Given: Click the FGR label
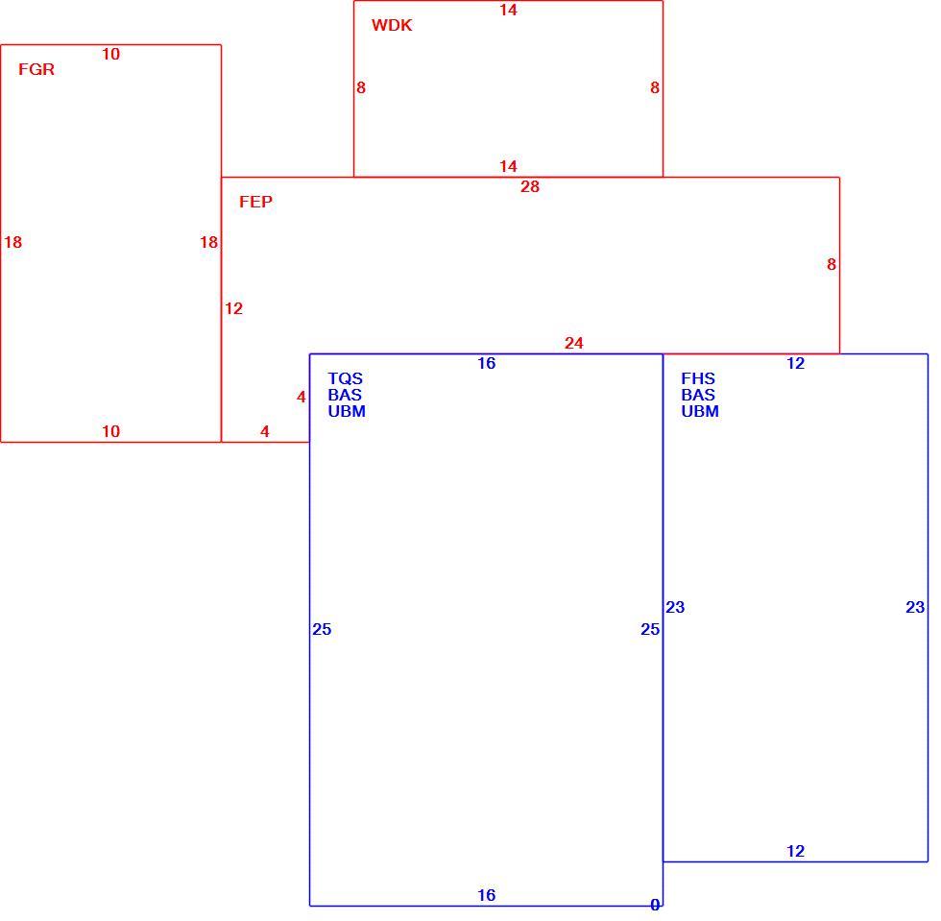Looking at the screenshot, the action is tap(36, 70).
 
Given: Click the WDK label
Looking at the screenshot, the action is tap(392, 25).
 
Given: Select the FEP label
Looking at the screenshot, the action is tap(255, 202).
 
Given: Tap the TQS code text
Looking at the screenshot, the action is tap(345, 378).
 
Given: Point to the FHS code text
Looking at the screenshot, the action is tap(698, 378).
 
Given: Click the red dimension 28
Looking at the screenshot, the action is tap(530, 186).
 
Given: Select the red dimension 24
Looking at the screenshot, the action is tap(574, 343).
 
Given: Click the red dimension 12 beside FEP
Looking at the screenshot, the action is tap(233, 308).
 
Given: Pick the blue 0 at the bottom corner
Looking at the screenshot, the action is tap(655, 905).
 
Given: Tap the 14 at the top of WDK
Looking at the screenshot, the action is tap(508, 11).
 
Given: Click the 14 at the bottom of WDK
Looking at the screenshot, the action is tap(508, 166).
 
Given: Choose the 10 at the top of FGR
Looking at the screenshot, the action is tap(111, 54).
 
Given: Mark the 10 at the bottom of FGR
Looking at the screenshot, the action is tap(111, 431).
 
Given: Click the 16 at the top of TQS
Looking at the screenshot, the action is tap(487, 363).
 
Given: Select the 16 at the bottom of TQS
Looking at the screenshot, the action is tap(487, 895).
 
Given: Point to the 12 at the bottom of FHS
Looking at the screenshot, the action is tap(796, 851).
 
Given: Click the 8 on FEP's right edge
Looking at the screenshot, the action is tap(832, 264).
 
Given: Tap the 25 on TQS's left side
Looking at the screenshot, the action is tap(322, 629).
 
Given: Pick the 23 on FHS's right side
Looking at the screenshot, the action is tap(915, 608).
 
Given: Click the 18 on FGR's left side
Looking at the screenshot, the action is tap(13, 243).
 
